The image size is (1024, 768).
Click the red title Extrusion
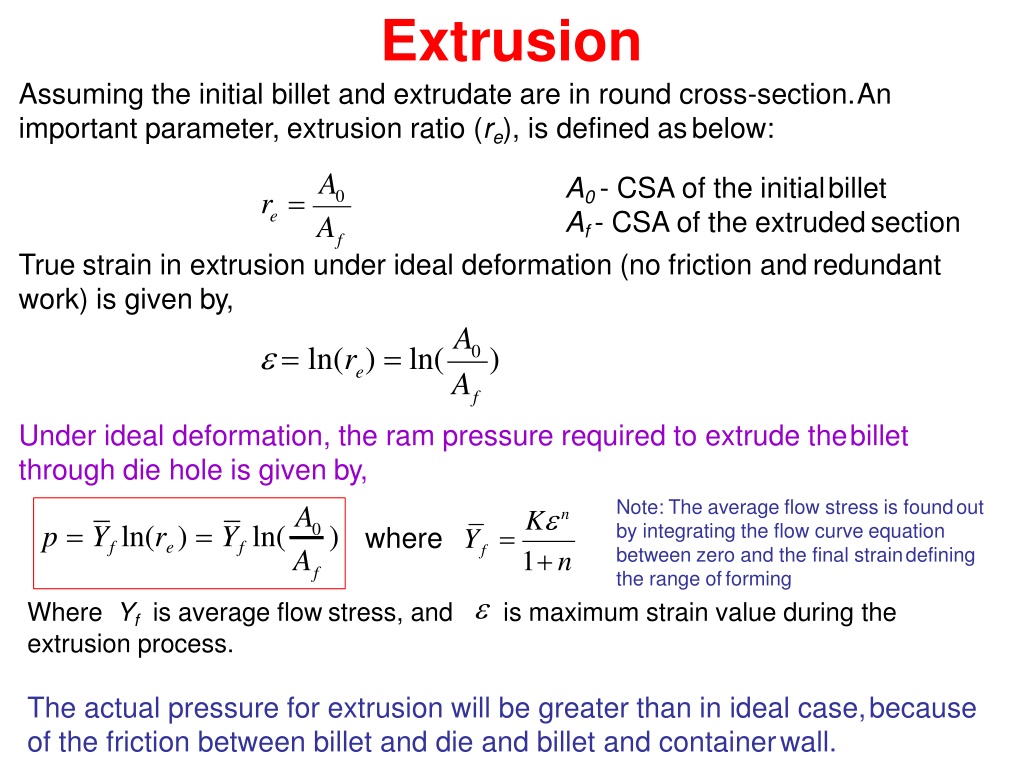pyautogui.click(x=511, y=40)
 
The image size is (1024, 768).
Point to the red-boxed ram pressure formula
pyautogui.click(x=189, y=543)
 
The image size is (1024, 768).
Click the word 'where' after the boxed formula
pyautogui.click(x=404, y=539)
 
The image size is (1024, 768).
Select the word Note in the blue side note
pyautogui.click(x=639, y=507)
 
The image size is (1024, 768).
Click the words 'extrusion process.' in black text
pyautogui.click(x=130, y=645)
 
